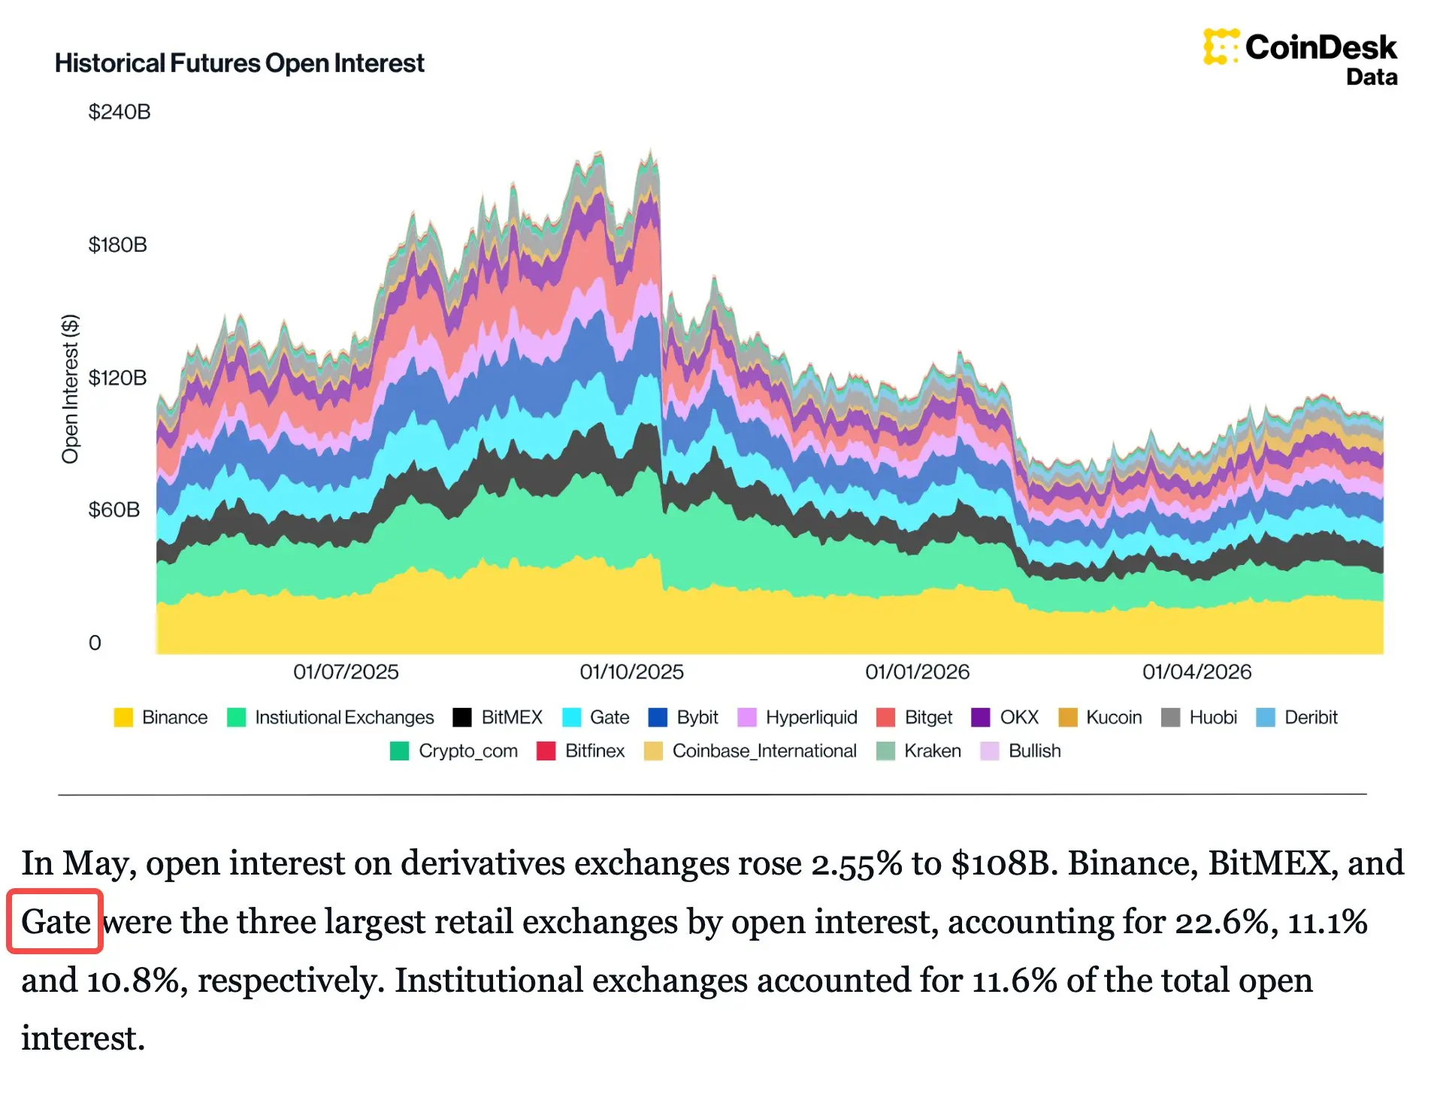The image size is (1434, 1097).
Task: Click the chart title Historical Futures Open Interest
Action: pyautogui.click(x=239, y=63)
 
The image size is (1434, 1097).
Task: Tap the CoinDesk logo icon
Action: pyautogui.click(x=1221, y=47)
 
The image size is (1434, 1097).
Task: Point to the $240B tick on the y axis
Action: pyautogui.click(x=120, y=112)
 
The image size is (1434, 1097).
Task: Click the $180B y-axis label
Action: pyautogui.click(x=117, y=245)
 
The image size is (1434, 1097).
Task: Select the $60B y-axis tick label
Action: pyautogui.click(x=114, y=510)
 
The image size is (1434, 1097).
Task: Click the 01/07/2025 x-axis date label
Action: pyautogui.click(x=346, y=672)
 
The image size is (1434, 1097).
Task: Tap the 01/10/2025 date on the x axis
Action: pyautogui.click(x=631, y=672)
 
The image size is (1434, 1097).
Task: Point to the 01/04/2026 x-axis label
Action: pyautogui.click(x=1197, y=672)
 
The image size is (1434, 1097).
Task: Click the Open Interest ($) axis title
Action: pyautogui.click(x=70, y=388)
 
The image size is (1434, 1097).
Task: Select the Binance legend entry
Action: pyautogui.click(x=160, y=718)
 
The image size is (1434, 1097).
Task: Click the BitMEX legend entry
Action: pyautogui.click(x=498, y=718)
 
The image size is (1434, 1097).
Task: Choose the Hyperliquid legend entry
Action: pyautogui.click(x=797, y=718)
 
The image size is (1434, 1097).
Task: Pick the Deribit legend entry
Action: pyautogui.click(x=1296, y=718)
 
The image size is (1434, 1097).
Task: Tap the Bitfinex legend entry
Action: pyautogui.click(x=580, y=751)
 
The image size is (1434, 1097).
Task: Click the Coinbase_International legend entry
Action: pyautogui.click(x=750, y=751)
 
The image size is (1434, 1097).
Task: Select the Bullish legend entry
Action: pyautogui.click(x=1021, y=751)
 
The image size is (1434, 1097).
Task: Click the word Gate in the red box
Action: pyautogui.click(x=56, y=921)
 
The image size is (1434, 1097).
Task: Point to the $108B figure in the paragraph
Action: pyautogui.click(x=1000, y=863)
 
